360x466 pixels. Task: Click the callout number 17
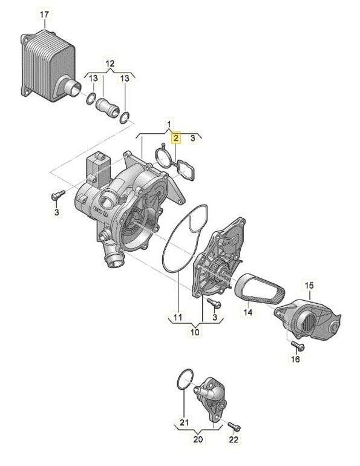coord(44,15)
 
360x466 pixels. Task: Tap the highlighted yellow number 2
coord(177,138)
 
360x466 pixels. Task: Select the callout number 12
coord(110,64)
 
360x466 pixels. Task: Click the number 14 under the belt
coord(248,312)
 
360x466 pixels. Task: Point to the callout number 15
coord(309,286)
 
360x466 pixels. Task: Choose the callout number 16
coord(295,359)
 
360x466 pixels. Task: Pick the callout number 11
coord(178,317)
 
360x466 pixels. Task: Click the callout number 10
coord(195,332)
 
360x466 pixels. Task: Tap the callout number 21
coord(184,422)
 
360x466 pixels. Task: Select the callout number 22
coord(234,439)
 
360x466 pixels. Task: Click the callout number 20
coord(198,439)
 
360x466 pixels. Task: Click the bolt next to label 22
coord(235,427)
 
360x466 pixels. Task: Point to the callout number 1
coord(169,123)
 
